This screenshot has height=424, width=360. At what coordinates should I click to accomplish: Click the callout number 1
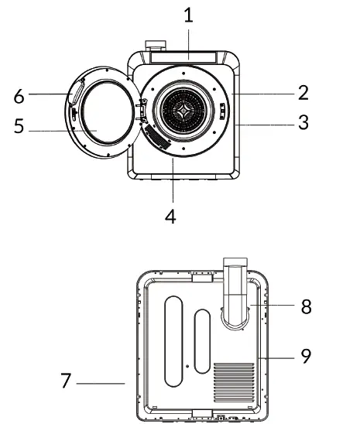[187, 14]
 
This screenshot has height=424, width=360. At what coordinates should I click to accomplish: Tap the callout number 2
[303, 93]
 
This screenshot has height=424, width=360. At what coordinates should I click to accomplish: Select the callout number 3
[303, 123]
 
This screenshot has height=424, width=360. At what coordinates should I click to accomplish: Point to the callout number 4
[170, 216]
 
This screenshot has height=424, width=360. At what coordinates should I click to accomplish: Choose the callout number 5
[19, 126]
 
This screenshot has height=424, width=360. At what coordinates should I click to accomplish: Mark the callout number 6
[19, 96]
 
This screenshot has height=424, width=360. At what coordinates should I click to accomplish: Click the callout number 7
[67, 381]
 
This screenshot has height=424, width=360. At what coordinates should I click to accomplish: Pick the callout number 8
[306, 306]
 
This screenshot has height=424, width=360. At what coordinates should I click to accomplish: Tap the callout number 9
[306, 357]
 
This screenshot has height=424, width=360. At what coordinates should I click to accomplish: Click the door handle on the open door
[77, 95]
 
